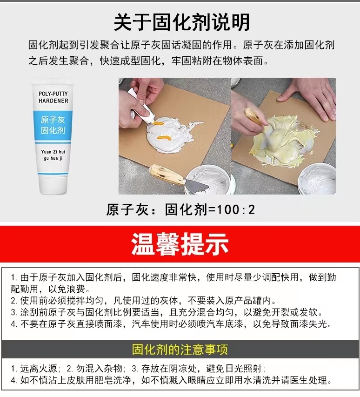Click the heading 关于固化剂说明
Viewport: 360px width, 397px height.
[182, 22]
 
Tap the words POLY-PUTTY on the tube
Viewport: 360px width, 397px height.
[53, 94]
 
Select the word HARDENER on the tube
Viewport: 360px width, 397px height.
[53, 101]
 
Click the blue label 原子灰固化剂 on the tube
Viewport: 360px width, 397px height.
[53, 125]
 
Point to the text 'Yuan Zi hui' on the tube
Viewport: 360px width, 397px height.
[53, 152]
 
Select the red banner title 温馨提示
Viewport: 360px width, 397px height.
[180, 244]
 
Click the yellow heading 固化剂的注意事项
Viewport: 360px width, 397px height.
[180, 350]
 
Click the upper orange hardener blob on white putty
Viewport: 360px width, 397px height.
[158, 123]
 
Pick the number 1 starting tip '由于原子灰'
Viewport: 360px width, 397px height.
[13, 277]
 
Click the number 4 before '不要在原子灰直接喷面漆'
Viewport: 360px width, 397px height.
[13, 324]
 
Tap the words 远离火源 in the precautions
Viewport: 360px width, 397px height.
[39, 369]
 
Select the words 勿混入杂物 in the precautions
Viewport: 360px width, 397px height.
[99, 369]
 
